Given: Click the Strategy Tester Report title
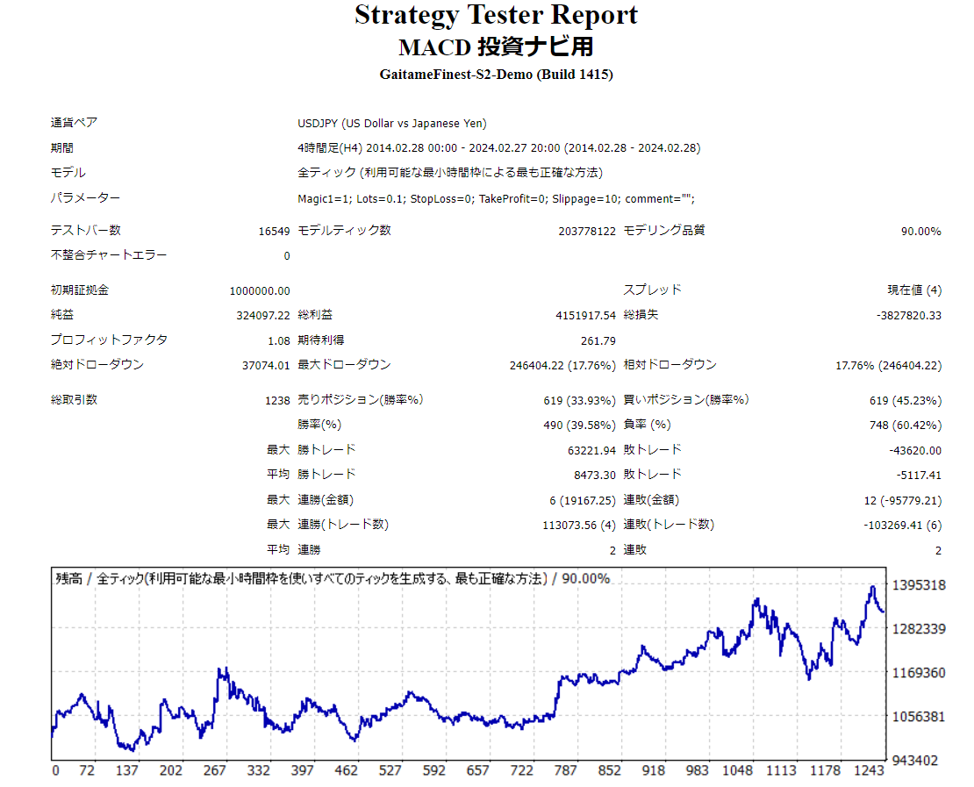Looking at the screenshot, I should [x=496, y=15].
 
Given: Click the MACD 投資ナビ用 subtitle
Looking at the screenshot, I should [x=496, y=46].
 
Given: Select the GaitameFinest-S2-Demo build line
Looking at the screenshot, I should [x=496, y=75].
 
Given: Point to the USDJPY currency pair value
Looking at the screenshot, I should [x=391, y=124].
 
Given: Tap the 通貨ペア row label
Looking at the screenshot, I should [x=74, y=124].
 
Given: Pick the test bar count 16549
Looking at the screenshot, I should [x=274, y=232].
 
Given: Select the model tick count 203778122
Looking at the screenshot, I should [x=587, y=232].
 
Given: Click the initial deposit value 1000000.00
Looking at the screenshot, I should [x=259, y=290].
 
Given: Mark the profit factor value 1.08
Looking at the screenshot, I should [x=278, y=340].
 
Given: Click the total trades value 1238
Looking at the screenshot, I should [x=276, y=400].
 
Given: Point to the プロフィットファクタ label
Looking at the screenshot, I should [x=109, y=340].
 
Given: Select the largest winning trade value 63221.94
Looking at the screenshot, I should [x=591, y=450].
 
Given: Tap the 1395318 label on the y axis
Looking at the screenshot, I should [x=918, y=585].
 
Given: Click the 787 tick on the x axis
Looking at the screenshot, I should [x=566, y=770].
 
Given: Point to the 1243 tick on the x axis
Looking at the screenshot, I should [x=869, y=770].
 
